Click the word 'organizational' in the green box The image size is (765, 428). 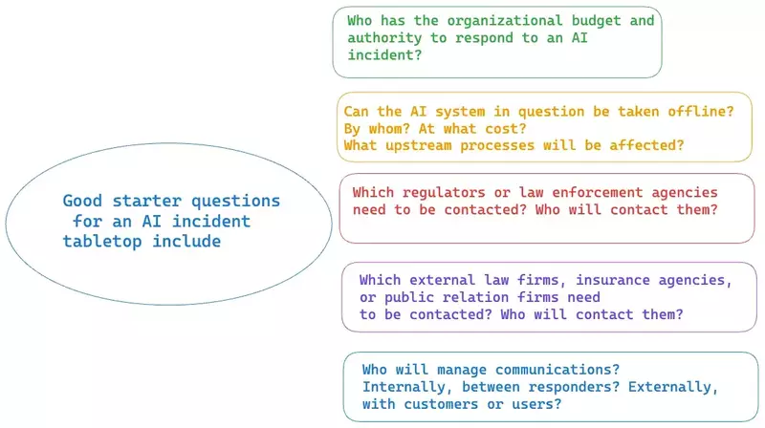505,21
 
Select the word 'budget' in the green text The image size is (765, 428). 596,21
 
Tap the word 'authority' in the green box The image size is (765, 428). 384,38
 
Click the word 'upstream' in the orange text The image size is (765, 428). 418,146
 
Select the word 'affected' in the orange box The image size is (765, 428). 642,145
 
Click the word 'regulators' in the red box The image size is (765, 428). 444,193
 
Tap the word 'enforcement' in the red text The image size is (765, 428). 597,193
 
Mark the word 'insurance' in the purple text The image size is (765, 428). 612,280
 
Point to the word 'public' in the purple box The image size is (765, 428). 409,297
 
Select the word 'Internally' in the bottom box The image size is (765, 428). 403,387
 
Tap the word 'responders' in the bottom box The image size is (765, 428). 569,387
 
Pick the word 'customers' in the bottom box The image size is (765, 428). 441,404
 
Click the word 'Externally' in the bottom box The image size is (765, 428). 668,387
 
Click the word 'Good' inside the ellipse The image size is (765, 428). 82,201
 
